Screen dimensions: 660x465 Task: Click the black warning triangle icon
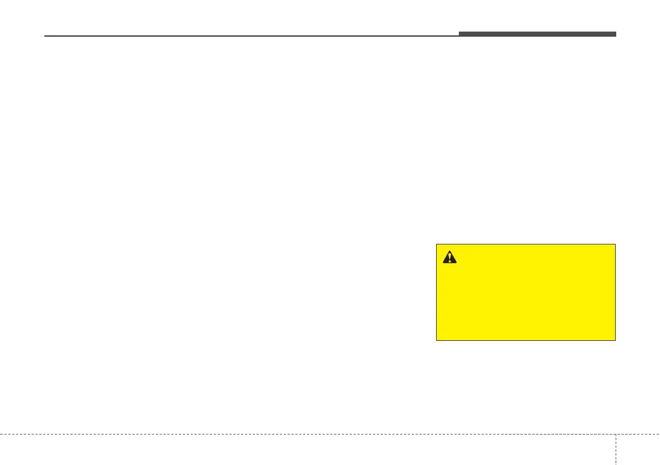tap(449, 257)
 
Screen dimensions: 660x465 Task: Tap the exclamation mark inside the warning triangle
tap(449, 257)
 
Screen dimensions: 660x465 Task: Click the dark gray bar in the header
tap(537, 34)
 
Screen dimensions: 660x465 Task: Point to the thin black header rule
tap(249, 37)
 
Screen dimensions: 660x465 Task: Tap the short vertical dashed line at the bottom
tap(615, 449)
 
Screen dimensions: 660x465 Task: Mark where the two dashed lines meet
tap(615, 434)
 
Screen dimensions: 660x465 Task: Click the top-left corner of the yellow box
tap(437, 244)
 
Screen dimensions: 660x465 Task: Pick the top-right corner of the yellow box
tap(615, 244)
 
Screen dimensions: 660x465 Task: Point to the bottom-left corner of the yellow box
tap(437, 340)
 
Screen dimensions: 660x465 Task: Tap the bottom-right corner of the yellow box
tap(615, 340)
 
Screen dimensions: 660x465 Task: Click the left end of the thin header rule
tap(45, 37)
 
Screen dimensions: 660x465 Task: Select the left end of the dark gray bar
tap(459, 34)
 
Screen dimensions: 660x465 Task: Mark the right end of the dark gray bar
tap(616, 34)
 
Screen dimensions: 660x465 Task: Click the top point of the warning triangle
tap(449, 251)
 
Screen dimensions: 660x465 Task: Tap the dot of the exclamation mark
tap(449, 260)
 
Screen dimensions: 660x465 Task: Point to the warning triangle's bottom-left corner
tap(443, 263)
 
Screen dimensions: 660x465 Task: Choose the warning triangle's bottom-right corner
tap(456, 263)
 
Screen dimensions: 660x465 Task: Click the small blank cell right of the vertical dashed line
tap(637, 449)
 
